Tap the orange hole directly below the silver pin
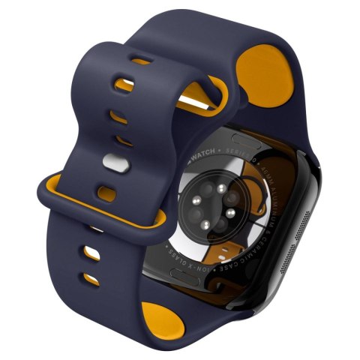tap(110, 187)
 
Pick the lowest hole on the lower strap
tap(90, 281)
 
